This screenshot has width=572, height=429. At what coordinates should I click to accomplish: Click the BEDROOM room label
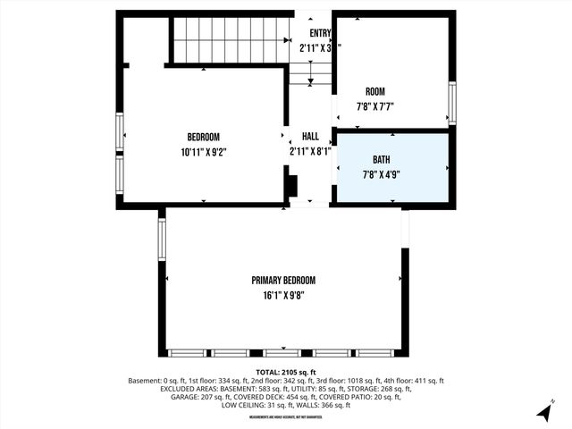coord(203,137)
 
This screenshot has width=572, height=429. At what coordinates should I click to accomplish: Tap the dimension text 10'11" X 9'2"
coord(203,152)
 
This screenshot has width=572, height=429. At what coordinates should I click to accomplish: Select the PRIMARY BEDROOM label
coord(282,280)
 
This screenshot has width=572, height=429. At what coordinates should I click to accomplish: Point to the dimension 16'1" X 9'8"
coord(282,295)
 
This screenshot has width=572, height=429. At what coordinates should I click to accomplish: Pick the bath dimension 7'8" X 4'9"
coord(382,174)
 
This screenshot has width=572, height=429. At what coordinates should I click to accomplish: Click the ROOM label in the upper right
coord(375,92)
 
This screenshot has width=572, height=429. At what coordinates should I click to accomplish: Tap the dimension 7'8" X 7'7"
coord(375,106)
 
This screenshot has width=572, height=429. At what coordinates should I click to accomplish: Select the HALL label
coord(310,137)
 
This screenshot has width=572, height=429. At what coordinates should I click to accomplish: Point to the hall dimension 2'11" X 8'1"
coord(310,152)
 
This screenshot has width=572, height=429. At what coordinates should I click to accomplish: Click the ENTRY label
coord(320,34)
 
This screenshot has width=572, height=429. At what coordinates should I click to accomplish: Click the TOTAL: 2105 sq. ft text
coord(286,372)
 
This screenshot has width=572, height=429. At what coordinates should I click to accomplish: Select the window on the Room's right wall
coord(452,103)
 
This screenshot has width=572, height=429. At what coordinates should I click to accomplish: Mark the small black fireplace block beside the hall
coord(290,184)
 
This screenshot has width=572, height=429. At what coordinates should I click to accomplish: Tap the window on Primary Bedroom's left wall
coord(162,240)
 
